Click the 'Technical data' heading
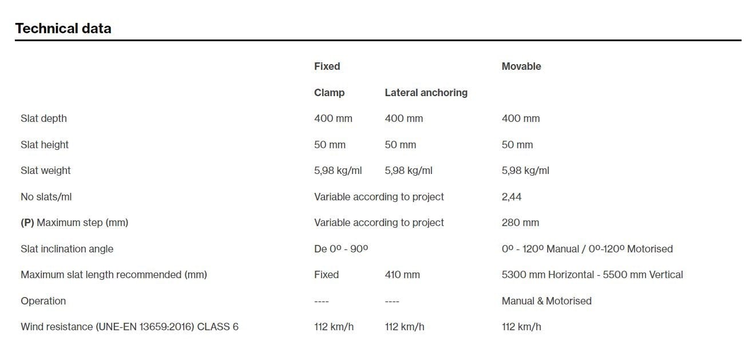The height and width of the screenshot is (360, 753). click(x=63, y=28)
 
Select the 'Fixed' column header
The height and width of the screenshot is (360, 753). click(x=327, y=66)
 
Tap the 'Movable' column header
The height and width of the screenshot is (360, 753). click(x=521, y=66)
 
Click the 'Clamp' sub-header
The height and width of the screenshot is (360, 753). click(x=329, y=93)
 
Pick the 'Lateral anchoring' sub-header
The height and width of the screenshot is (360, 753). click(x=426, y=93)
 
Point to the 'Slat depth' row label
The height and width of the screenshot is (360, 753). click(x=43, y=118)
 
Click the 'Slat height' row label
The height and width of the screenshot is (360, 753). click(x=45, y=145)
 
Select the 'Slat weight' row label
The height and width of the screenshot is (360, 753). click(x=46, y=171)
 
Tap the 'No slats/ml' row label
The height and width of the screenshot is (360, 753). click(x=46, y=197)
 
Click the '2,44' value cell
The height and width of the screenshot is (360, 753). click(x=512, y=197)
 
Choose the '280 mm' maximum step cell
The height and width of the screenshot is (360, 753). click(x=520, y=223)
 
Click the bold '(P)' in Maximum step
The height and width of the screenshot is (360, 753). click(x=27, y=223)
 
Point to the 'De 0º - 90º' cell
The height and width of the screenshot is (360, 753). click(x=341, y=249)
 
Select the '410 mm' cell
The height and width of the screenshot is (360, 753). click(x=402, y=275)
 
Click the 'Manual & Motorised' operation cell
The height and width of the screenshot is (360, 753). click(x=546, y=301)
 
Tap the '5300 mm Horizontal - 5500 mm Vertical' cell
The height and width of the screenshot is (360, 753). click(x=592, y=275)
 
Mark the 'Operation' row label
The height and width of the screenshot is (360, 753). click(x=43, y=301)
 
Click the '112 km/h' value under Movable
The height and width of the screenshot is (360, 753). click(x=521, y=327)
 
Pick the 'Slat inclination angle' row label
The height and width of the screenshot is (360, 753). click(x=67, y=249)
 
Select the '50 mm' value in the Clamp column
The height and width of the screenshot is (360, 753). click(x=330, y=145)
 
